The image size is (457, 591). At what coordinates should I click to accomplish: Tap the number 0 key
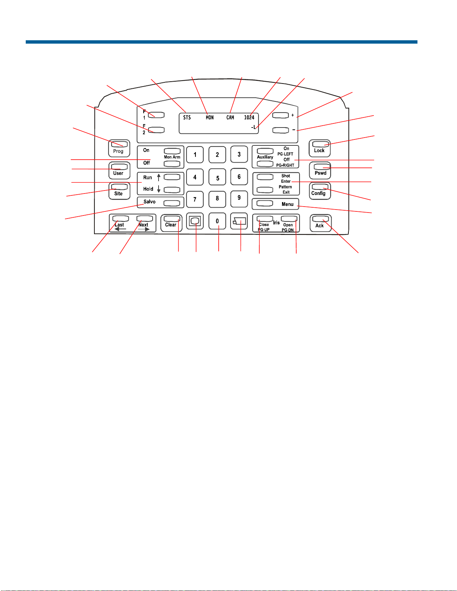217,221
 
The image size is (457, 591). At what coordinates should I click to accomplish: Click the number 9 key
239,199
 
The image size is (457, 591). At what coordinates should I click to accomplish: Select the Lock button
320,148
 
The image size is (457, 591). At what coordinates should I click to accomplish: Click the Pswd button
320,170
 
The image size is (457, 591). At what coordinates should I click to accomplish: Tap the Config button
320,191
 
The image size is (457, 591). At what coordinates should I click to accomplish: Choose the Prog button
119,148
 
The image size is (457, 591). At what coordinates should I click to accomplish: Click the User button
119,170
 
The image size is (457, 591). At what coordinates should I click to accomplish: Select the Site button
119,191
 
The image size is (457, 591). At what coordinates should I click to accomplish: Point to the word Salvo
149,201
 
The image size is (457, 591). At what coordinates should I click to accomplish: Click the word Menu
288,204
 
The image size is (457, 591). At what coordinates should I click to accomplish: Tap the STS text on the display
187,117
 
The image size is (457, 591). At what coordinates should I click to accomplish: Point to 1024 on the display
249,117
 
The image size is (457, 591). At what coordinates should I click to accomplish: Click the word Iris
276,223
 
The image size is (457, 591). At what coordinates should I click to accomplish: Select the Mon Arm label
172,157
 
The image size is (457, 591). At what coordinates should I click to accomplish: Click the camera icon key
239,221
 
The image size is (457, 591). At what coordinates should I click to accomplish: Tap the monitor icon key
195,221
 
